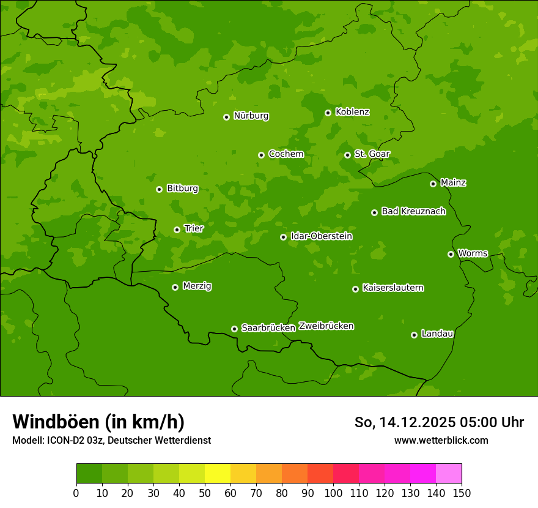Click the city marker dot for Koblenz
point(328,113)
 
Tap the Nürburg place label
point(251,116)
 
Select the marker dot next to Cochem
point(261,155)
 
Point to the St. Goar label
point(372,154)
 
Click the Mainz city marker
point(433,184)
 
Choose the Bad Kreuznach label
point(413,211)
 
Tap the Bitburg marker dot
point(159,189)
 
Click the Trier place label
point(194,228)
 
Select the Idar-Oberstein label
point(321,236)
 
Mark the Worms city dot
point(451,254)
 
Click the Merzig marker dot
point(175,287)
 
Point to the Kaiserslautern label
point(392,288)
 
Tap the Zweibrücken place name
point(326,326)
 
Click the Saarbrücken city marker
point(234,329)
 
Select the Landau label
point(437,334)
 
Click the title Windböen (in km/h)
point(98,422)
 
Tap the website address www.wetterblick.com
point(441,440)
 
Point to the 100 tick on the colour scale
point(333,493)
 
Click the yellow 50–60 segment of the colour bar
point(218,474)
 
